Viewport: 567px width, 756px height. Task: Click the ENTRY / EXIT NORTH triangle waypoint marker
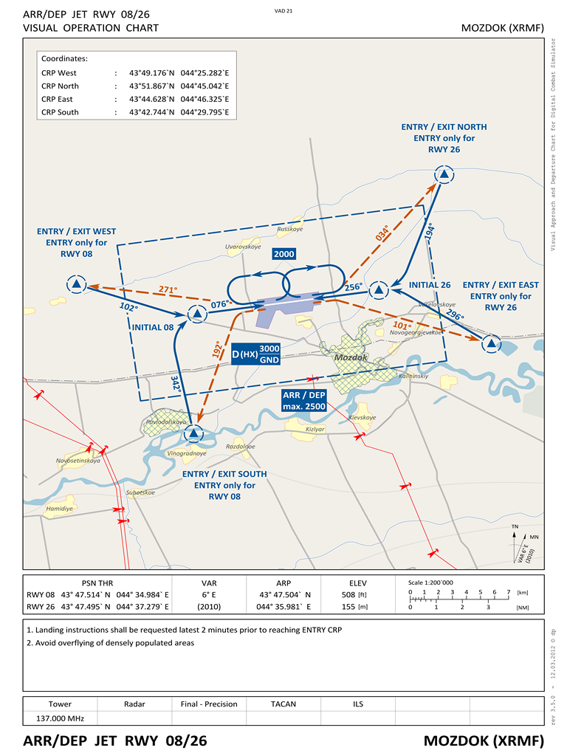tap(444, 175)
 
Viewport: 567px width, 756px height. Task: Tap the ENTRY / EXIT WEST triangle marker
tap(76, 284)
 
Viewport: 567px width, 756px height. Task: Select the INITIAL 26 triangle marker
tap(379, 291)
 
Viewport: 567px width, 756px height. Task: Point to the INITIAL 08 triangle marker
tap(196, 315)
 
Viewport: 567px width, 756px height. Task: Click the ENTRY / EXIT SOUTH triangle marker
tap(194, 433)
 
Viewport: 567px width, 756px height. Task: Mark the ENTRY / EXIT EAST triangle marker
tap(491, 343)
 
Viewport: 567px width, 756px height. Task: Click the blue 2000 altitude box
tap(283, 255)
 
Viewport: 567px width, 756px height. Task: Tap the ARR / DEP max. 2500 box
tap(303, 401)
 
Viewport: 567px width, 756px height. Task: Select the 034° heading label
tap(382, 233)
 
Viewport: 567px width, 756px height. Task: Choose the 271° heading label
tap(168, 290)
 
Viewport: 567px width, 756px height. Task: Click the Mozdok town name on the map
tap(351, 357)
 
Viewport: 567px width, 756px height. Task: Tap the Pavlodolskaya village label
tap(166, 422)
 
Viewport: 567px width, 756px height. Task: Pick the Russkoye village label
tap(289, 229)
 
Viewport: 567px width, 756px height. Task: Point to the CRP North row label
tap(60, 86)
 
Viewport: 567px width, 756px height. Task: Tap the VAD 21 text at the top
tap(283, 11)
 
